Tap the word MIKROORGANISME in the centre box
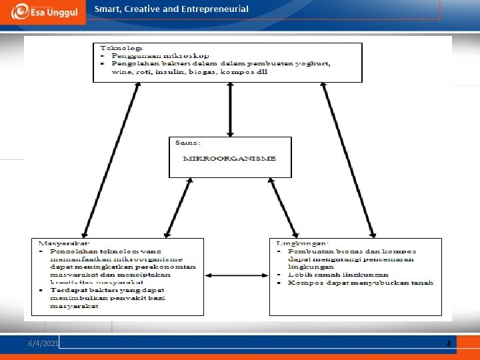pyautogui.click(x=229, y=159)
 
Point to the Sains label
pyautogui.click(x=187, y=142)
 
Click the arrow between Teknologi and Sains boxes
pyautogui.click(x=230, y=109)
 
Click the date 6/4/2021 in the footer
pyautogui.click(x=43, y=343)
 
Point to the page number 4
pyautogui.click(x=449, y=344)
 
